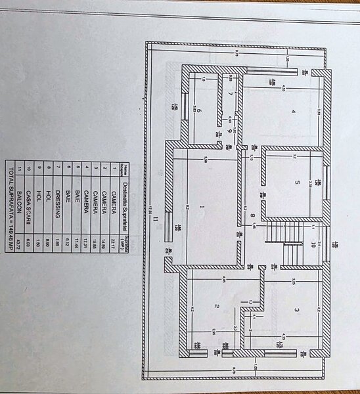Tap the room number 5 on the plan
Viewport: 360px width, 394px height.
[x=296, y=182]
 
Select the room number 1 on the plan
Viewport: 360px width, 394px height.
[x=202, y=208]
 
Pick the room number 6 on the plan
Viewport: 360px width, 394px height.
[x=197, y=111]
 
